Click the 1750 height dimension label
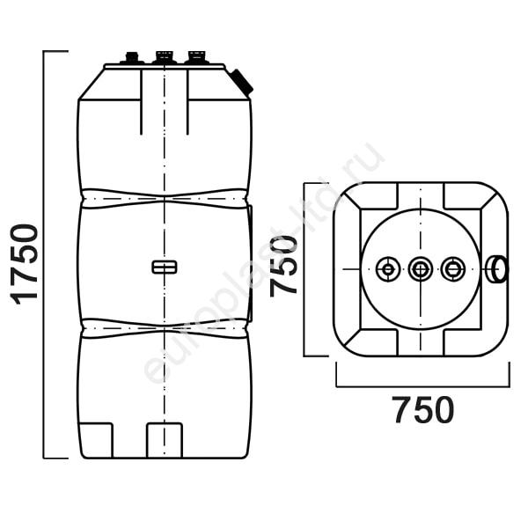tap(25, 265)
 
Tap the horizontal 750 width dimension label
tap(423, 410)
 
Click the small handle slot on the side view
tap(165, 267)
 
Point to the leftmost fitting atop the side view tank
tap(132, 57)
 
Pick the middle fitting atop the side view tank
tap(165, 57)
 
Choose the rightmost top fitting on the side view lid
tap(196, 57)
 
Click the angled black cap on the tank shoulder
tap(241, 82)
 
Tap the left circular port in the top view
tap(388, 269)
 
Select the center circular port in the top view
tap(421, 269)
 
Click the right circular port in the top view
tap(452, 269)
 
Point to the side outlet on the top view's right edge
tap(496, 269)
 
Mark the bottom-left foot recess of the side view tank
tap(97, 440)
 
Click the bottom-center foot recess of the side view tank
tap(165, 440)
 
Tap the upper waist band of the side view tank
tap(165, 199)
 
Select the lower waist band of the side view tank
tap(165, 328)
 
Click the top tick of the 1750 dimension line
tap(56, 51)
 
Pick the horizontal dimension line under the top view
tap(423, 386)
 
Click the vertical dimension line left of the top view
tap(304, 269)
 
